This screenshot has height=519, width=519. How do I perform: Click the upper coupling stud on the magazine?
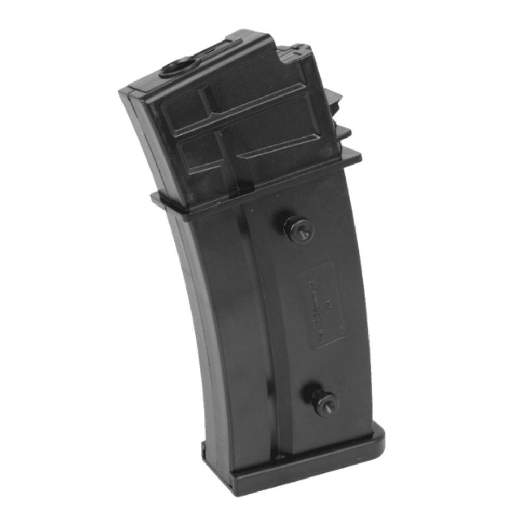299,229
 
